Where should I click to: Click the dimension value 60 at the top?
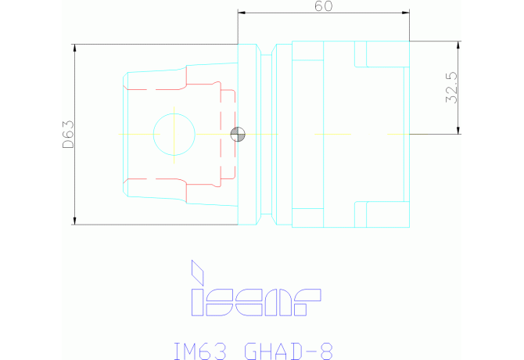tap(323, 6)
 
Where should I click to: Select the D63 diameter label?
tap(68, 135)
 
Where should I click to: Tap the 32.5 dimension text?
tap(451, 88)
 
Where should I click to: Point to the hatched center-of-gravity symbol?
tap(238, 135)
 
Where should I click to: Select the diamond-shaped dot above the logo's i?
tap(197, 272)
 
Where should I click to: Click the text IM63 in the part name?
tap(200, 351)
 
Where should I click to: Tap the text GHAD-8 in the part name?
tap(289, 351)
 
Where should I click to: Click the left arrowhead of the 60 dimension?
tap(242, 13)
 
